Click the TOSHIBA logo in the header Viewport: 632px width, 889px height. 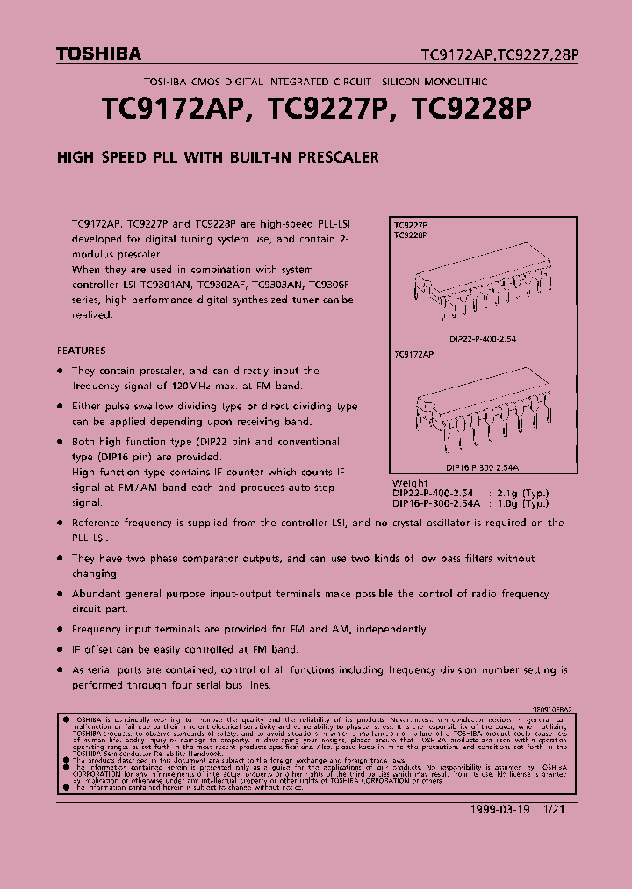pyautogui.click(x=98, y=54)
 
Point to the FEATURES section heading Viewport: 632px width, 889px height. pyautogui.click(x=82, y=350)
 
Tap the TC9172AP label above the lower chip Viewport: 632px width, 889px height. pyautogui.click(x=413, y=354)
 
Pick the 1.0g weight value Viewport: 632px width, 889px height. pyautogui.click(x=509, y=503)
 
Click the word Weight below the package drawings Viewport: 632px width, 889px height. pyautogui.click(x=410, y=483)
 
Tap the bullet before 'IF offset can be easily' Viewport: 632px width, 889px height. pyautogui.click(x=61, y=650)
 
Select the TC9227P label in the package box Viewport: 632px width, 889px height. pyautogui.click(x=411, y=226)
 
